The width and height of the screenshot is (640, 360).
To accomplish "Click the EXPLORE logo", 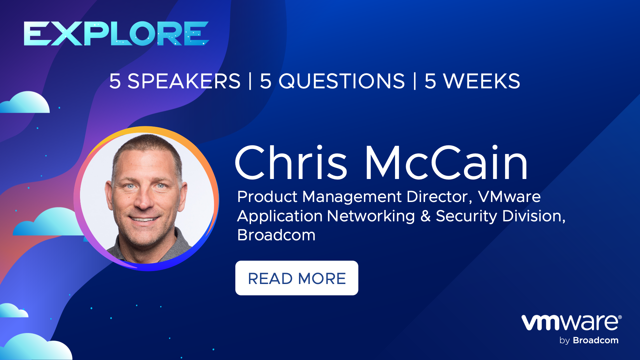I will (x=116, y=33).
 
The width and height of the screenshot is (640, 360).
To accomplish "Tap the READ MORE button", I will (x=297, y=278).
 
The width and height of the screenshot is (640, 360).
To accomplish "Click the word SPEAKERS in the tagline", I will (x=184, y=81).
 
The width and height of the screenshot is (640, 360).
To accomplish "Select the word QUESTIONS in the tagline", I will (x=342, y=81).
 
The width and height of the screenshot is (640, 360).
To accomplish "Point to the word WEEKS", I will (x=481, y=81).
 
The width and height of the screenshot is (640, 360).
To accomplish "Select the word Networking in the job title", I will (x=371, y=216).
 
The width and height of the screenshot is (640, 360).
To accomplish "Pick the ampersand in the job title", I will (x=425, y=216).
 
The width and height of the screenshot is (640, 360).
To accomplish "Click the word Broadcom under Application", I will (x=276, y=235).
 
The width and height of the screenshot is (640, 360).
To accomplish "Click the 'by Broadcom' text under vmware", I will (x=589, y=340).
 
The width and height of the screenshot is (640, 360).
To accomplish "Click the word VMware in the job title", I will (x=509, y=197).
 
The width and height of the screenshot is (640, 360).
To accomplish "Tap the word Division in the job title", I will (x=533, y=216).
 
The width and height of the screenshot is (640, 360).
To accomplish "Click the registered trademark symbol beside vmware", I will (x=620, y=317).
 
